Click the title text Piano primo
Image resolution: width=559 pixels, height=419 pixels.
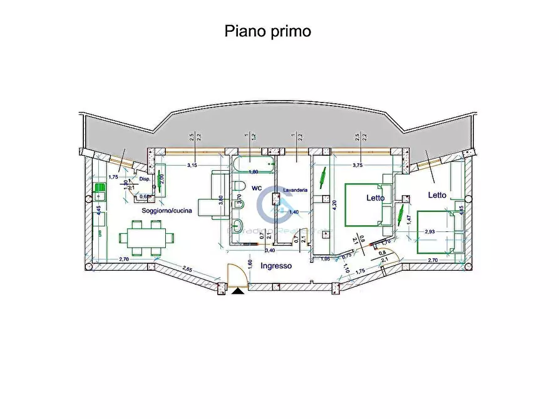[x=267, y=31]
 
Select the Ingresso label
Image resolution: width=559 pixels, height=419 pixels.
[x=276, y=265]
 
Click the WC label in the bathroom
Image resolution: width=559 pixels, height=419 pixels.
[x=257, y=187]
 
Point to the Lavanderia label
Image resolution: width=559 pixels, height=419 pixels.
[x=294, y=189]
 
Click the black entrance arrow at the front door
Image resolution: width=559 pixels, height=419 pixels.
[x=238, y=290]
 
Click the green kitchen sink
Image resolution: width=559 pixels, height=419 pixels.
[x=100, y=188]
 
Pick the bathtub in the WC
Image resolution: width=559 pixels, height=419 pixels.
[x=254, y=166]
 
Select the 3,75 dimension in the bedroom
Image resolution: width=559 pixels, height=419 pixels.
[x=357, y=165]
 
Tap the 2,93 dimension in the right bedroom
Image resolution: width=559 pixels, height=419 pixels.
[x=429, y=232]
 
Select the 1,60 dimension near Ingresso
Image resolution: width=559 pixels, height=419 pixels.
[x=249, y=265]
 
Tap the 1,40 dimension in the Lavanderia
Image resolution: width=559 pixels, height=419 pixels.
[x=294, y=212]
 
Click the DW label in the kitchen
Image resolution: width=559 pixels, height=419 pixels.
[x=99, y=233]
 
